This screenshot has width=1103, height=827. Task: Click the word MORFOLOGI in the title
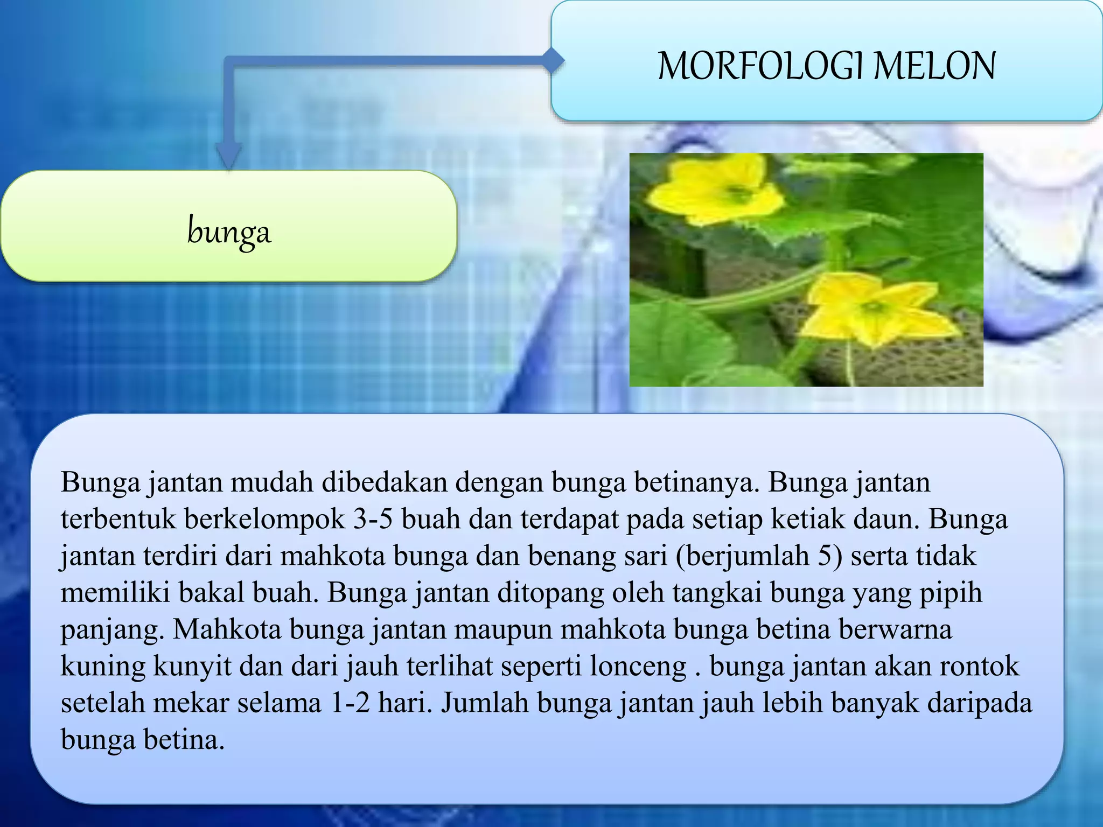point(759,66)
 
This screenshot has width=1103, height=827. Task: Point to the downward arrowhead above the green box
point(229,156)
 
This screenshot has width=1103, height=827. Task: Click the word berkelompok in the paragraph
point(264,520)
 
